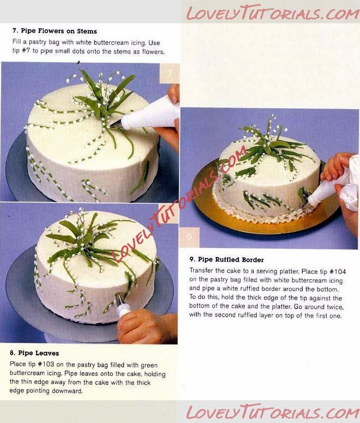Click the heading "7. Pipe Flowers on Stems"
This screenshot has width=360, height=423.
click(x=55, y=31)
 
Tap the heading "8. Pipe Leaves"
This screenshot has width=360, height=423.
click(x=34, y=353)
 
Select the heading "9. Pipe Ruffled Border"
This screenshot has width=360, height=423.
click(x=227, y=260)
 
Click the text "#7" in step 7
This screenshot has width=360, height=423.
click(x=26, y=51)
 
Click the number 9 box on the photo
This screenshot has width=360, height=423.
click(x=190, y=237)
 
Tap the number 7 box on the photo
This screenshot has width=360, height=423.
click(x=169, y=73)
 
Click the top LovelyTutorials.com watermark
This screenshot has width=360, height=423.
click(x=273, y=13)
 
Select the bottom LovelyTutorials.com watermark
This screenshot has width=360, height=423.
click(x=273, y=412)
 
